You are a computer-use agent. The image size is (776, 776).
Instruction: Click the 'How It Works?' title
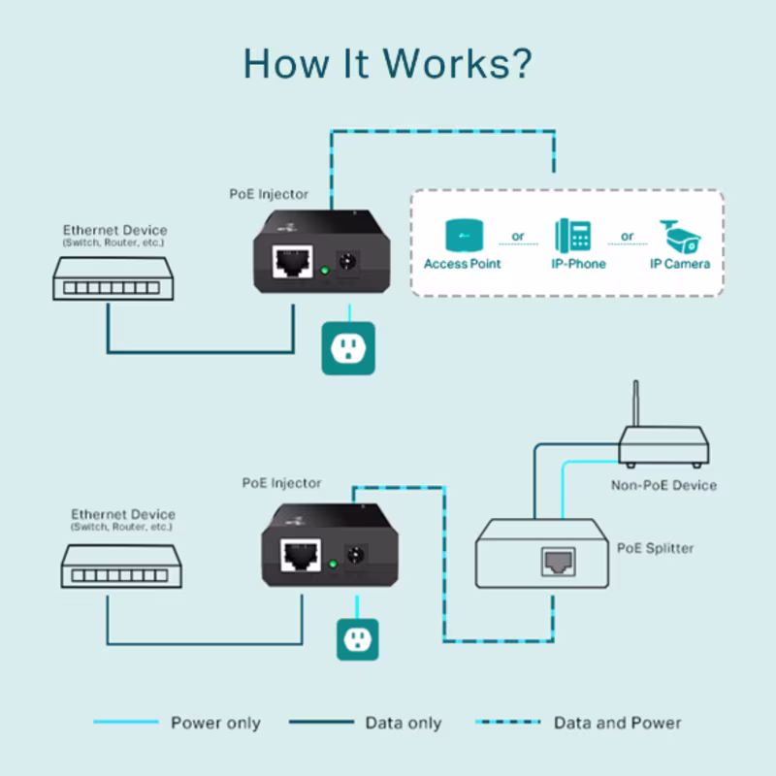387,63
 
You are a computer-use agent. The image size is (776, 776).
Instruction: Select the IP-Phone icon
572,236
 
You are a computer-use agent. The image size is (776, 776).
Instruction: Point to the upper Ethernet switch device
113,276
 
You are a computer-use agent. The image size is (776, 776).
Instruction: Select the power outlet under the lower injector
357,638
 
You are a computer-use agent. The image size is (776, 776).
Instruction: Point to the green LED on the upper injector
324,272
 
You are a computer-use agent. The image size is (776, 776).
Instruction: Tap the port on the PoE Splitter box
558,560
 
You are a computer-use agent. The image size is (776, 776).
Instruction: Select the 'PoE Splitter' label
656,548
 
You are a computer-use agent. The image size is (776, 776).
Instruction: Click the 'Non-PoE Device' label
663,485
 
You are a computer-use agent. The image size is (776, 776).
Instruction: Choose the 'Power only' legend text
215,723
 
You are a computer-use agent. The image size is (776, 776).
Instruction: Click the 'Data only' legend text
404,723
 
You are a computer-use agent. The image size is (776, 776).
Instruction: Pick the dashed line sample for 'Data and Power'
508,722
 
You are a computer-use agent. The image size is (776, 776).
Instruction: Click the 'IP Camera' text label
680,264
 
